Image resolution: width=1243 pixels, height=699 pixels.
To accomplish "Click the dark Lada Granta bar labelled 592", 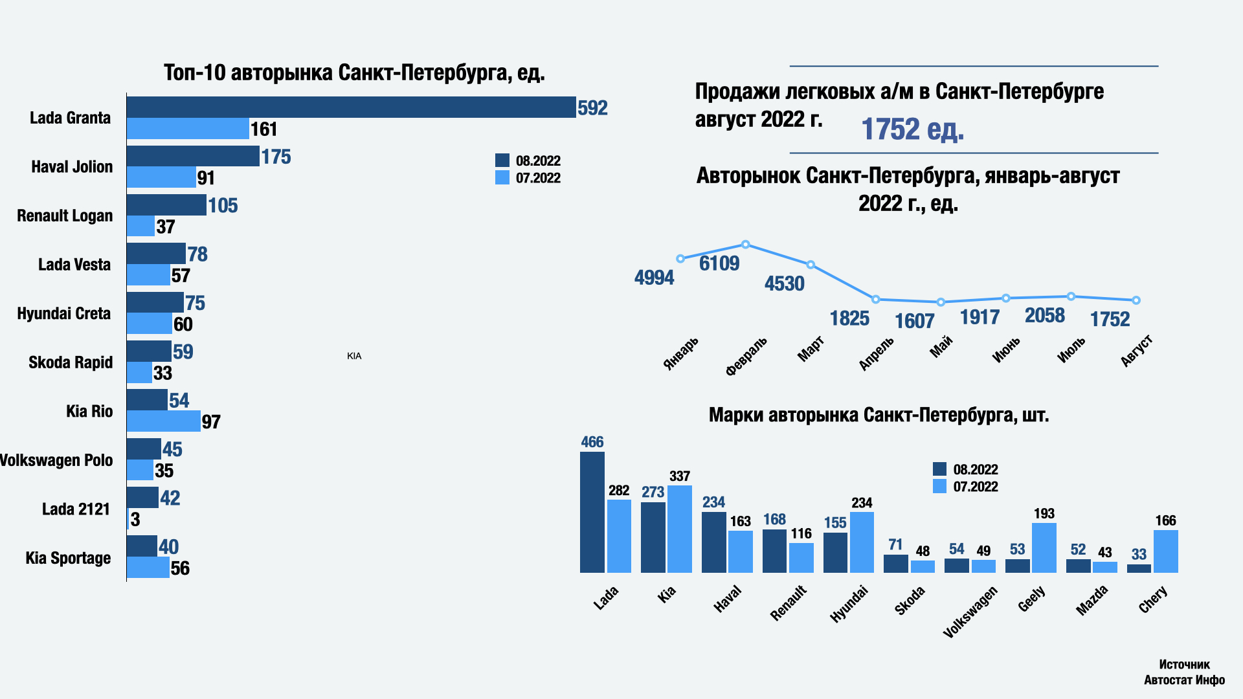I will (x=351, y=107).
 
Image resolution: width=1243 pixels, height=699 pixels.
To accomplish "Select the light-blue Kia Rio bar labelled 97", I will (x=163, y=421).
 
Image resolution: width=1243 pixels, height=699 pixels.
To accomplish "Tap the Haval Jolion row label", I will (x=72, y=167).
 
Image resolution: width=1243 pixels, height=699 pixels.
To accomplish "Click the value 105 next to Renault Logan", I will (x=223, y=206).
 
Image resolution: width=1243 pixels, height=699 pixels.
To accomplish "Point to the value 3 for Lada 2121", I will (x=135, y=520).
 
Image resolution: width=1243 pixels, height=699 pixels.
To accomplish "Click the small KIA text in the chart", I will (x=354, y=356).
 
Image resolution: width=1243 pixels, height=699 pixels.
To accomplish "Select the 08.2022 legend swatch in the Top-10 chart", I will (x=502, y=161).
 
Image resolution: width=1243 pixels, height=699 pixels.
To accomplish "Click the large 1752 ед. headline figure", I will (x=912, y=129).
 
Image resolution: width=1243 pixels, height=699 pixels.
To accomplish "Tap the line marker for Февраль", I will (x=746, y=245).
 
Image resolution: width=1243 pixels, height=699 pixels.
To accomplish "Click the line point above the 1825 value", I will (x=876, y=300).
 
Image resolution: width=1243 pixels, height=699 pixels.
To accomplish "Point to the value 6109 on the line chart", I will (x=719, y=263).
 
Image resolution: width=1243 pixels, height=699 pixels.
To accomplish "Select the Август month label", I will (x=1137, y=351).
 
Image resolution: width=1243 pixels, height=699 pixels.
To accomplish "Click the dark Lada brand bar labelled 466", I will (x=592, y=512).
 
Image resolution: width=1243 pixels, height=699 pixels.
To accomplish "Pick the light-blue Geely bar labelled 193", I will (x=1044, y=548).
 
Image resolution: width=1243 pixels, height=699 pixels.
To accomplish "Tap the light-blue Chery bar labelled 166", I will (x=1166, y=551).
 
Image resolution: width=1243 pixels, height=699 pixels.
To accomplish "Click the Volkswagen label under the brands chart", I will (x=970, y=612).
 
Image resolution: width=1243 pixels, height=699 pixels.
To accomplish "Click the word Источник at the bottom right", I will (x=1184, y=665).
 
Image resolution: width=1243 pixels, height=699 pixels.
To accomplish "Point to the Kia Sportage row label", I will (x=68, y=559).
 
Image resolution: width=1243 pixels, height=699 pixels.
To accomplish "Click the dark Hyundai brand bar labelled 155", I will (x=835, y=553).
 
